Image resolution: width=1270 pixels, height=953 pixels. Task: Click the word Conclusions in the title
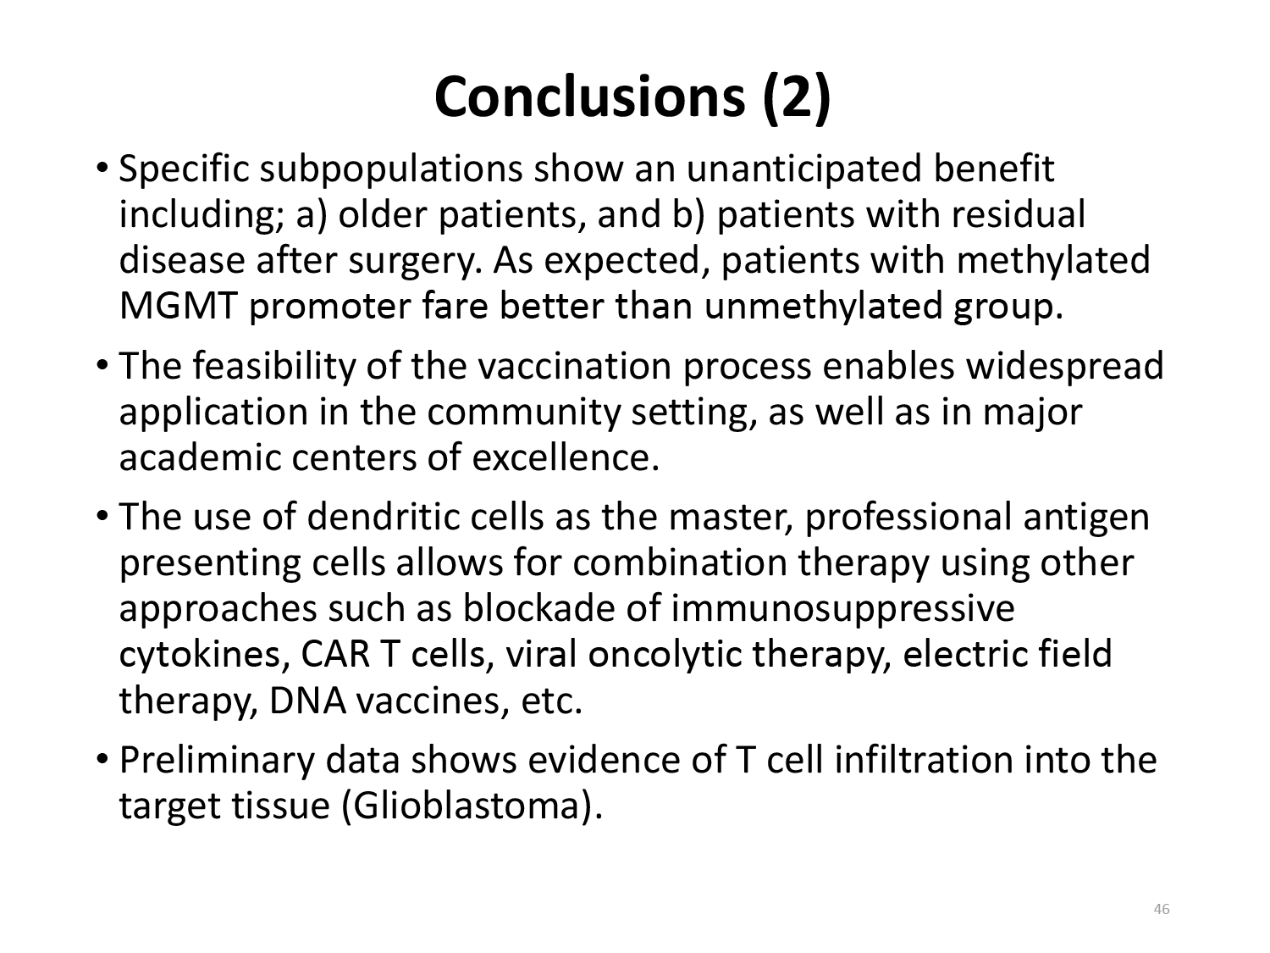589,97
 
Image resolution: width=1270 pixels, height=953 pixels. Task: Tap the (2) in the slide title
797,98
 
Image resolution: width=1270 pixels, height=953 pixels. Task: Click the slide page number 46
1162,909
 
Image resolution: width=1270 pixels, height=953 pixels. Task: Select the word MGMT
178,306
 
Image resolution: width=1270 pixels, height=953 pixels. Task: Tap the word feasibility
274,368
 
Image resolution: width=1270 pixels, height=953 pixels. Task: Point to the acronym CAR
335,655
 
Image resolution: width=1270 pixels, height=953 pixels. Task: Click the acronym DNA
307,701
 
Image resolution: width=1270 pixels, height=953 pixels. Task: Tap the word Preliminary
217,761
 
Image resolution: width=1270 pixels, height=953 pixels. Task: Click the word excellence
566,457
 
